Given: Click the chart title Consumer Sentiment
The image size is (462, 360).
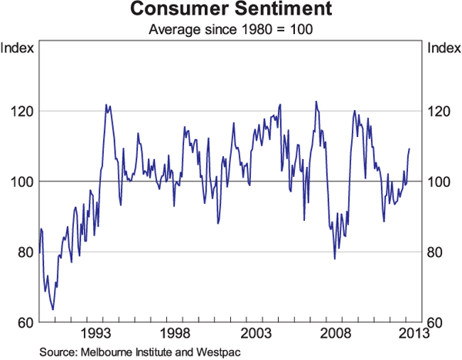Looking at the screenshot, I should [230, 11].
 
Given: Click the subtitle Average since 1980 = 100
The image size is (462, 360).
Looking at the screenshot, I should [230, 30].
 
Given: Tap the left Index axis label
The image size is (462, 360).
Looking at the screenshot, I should [18, 49].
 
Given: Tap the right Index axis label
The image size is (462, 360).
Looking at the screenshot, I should [443, 49].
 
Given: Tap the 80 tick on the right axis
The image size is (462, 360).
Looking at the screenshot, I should [436, 252].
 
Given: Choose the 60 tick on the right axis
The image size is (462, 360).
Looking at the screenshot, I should [436, 322].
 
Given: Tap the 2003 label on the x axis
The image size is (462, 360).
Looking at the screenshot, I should [255, 333].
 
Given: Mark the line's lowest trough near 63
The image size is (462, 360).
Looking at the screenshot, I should [52, 309].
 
